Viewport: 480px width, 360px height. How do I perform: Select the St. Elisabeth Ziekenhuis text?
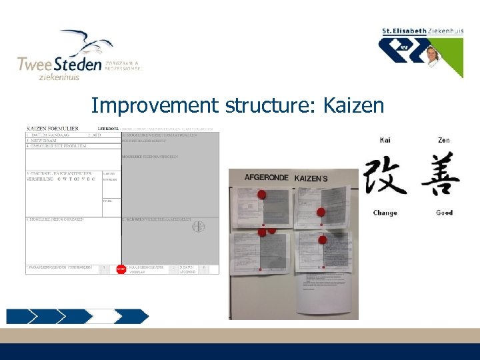click(x=422, y=31)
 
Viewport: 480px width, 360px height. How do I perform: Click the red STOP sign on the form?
click(x=121, y=269)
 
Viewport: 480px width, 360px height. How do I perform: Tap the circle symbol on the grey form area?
click(x=198, y=227)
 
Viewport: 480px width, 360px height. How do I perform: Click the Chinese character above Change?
click(x=385, y=175)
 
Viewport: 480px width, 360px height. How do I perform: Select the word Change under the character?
click(x=385, y=213)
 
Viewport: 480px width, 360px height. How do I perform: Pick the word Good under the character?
click(x=444, y=213)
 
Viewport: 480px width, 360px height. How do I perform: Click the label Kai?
click(x=385, y=140)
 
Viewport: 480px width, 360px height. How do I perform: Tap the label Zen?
click(x=444, y=140)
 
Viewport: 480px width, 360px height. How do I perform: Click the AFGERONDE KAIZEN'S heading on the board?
click(x=285, y=178)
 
